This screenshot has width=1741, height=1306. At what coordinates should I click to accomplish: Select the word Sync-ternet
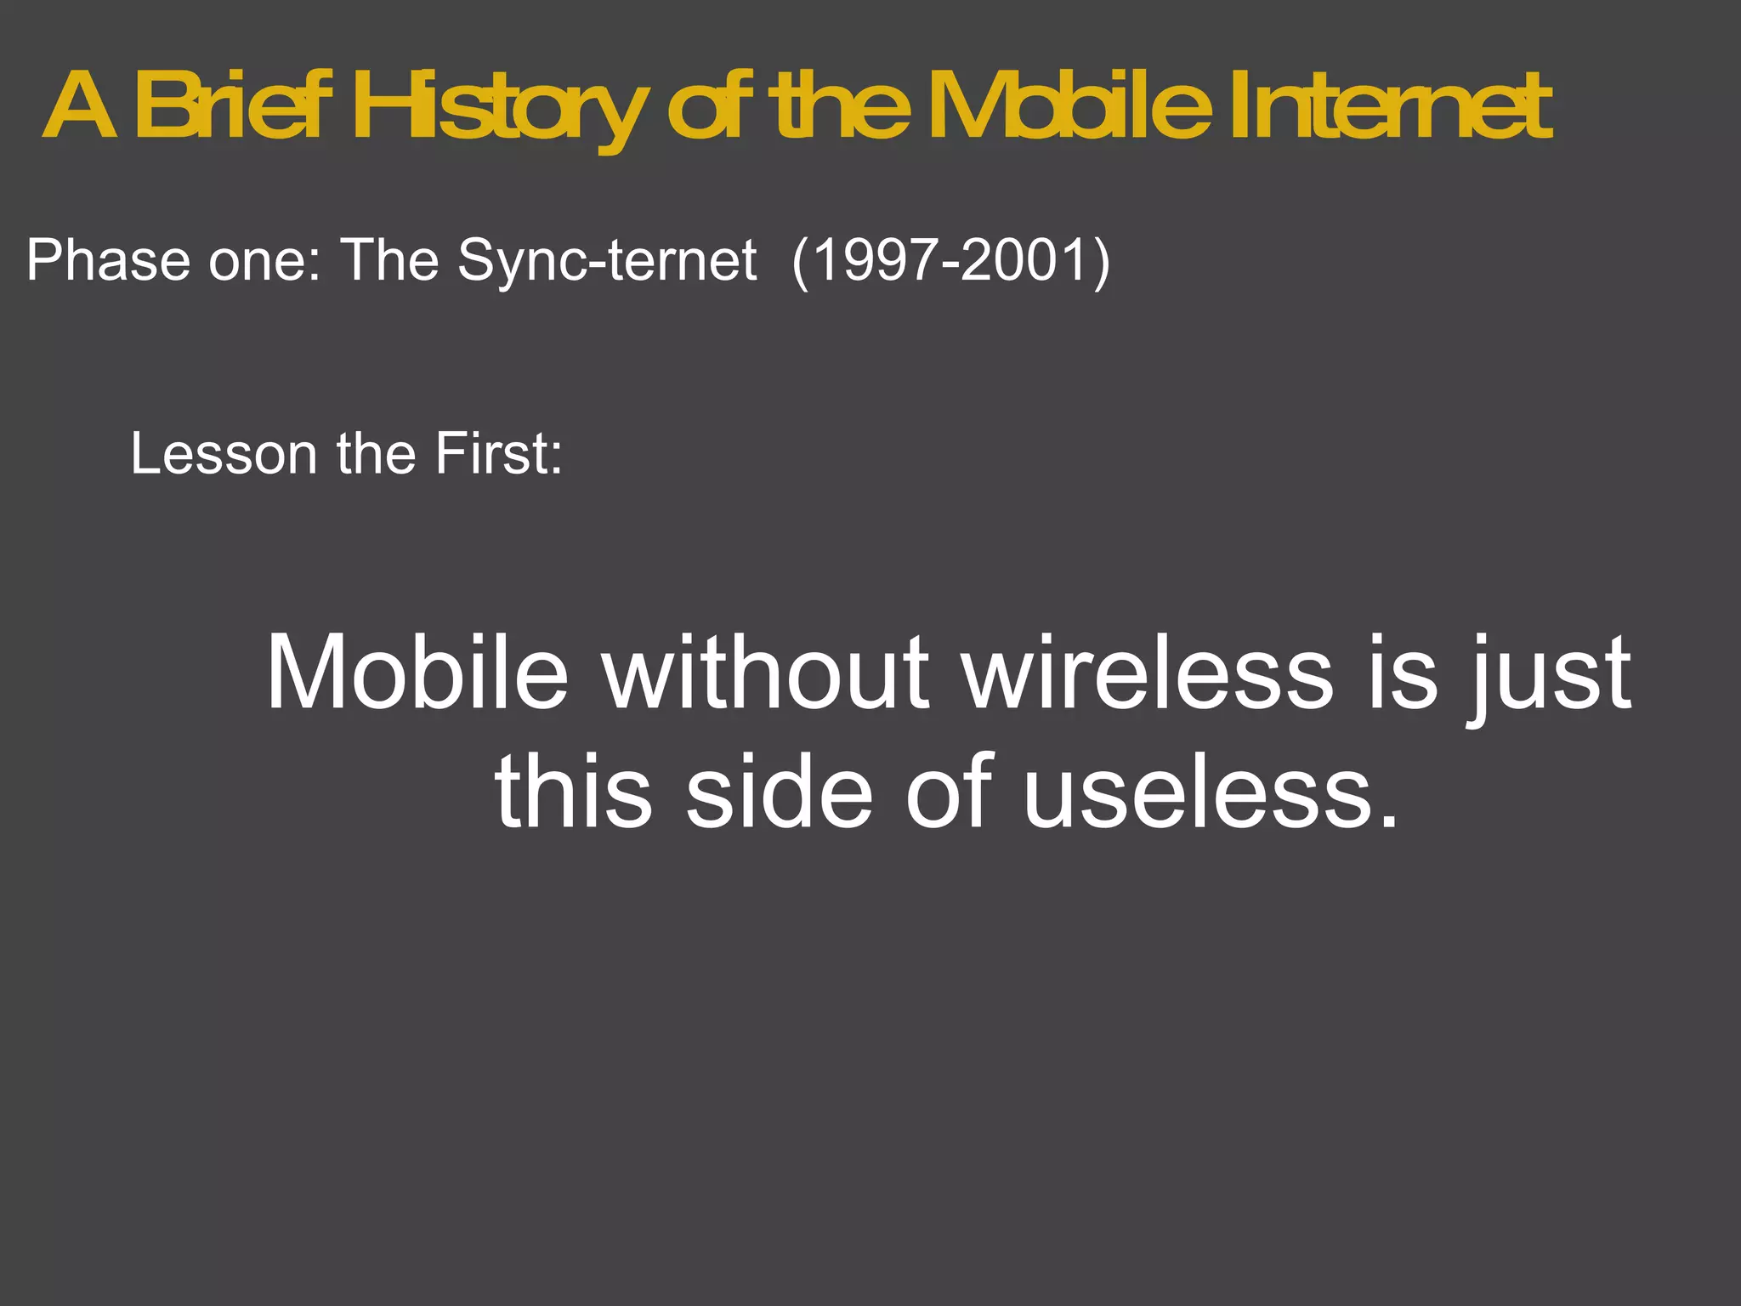point(607,259)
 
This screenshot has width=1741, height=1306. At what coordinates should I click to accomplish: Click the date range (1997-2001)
point(950,259)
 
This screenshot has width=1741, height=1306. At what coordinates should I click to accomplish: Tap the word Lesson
point(224,453)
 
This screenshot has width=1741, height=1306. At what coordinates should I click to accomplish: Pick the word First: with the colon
point(498,453)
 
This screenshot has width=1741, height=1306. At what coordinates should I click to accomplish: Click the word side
point(779,792)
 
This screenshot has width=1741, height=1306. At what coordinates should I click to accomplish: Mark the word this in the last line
point(574,792)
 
